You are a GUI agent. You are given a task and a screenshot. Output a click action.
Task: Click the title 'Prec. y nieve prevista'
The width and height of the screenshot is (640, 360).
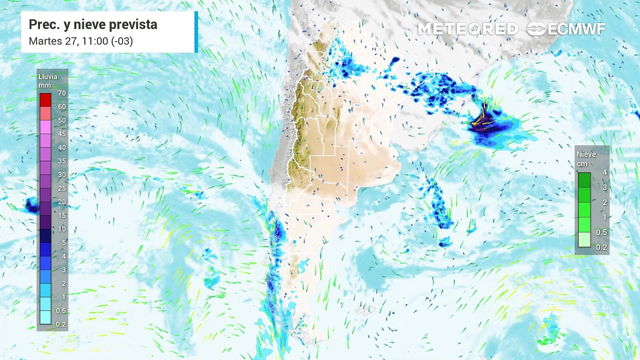click(x=92, y=24)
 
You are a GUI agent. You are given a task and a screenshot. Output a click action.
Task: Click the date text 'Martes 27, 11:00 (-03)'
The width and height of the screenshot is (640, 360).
click(x=80, y=41)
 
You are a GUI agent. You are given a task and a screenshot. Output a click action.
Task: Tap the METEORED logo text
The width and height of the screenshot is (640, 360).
click(x=468, y=29)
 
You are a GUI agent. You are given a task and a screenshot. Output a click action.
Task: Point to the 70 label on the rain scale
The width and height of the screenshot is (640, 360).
click(x=62, y=93)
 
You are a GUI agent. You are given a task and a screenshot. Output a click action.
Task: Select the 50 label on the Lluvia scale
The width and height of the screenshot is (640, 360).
click(x=62, y=120)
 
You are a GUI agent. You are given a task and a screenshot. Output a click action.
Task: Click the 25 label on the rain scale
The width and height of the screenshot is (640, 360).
click(x=62, y=188)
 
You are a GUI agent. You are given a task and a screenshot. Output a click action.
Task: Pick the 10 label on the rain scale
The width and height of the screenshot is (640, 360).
click(x=62, y=229)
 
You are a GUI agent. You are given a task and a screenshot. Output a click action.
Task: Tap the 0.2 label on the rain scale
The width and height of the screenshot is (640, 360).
click(x=62, y=324)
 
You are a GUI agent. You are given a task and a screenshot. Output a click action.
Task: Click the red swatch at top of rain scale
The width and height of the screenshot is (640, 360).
click(x=45, y=99)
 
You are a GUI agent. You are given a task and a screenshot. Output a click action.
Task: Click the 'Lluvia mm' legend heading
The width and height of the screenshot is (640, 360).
click(x=48, y=81)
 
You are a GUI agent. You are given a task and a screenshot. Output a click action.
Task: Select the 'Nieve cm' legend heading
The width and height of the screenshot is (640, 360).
click(x=586, y=158)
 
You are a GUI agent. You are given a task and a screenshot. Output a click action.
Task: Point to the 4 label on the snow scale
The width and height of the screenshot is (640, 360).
click(x=604, y=172)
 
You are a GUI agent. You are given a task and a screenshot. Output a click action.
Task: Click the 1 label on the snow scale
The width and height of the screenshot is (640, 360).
click(x=604, y=217)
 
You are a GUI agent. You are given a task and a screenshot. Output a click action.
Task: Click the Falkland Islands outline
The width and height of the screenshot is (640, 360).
click(x=365, y=310)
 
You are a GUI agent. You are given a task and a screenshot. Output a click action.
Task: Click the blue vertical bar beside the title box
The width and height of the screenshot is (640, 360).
click(x=196, y=32)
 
